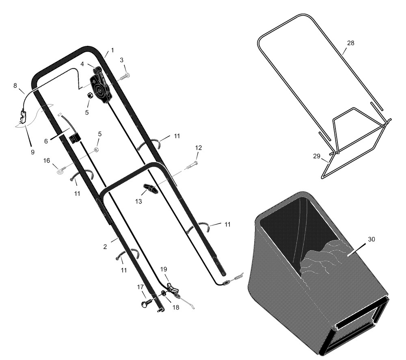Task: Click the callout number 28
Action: [350, 43]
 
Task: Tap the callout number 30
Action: [371, 239]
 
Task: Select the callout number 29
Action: [316, 156]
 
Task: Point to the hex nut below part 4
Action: [91, 95]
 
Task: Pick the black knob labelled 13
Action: [150, 188]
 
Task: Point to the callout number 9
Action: [32, 152]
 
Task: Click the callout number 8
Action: [15, 85]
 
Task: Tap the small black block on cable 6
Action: [75, 137]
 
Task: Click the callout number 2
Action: [105, 247]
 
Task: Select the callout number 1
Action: [112, 50]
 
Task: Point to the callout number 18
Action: [175, 308]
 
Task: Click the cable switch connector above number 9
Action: [23, 117]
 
